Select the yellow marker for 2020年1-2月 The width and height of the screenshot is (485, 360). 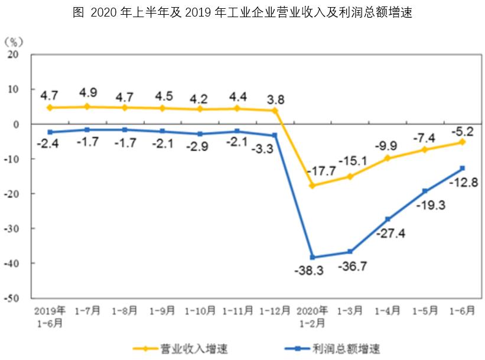(311, 186)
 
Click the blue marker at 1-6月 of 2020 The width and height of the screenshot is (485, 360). (462, 168)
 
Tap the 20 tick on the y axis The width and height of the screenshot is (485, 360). (14, 54)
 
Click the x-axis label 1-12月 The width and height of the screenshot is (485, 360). (274, 310)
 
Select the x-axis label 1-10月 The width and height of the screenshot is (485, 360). (200, 310)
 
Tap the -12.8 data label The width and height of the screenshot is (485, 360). (463, 182)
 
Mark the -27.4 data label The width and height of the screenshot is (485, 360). (390, 233)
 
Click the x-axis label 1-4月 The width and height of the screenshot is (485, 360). (387, 310)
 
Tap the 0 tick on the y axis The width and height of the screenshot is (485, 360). (18, 125)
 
